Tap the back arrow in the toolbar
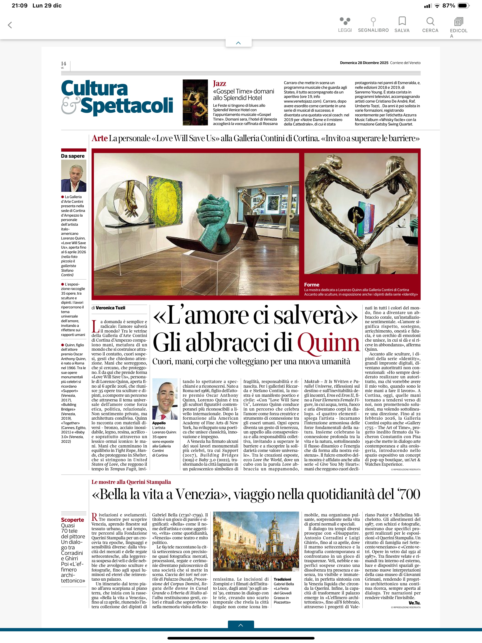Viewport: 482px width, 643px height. point(10,25)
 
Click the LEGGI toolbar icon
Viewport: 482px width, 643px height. point(345,21)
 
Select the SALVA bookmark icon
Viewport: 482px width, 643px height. point(402,21)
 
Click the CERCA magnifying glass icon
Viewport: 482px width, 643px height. point(430,21)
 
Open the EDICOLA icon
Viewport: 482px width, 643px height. point(458,22)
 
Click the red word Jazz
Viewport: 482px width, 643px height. point(219,84)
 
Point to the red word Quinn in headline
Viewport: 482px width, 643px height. point(328,343)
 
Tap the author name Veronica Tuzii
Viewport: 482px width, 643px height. point(110,308)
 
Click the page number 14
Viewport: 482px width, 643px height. point(63,64)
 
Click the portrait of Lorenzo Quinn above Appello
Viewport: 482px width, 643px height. point(165,399)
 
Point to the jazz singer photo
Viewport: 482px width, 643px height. point(195,102)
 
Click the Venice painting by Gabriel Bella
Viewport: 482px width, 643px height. point(256,541)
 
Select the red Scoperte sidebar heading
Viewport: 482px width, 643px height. point(72,520)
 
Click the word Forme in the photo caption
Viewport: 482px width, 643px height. point(312,285)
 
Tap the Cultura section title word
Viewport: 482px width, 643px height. point(94,88)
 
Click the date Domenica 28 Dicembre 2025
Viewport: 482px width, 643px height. point(364,63)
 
